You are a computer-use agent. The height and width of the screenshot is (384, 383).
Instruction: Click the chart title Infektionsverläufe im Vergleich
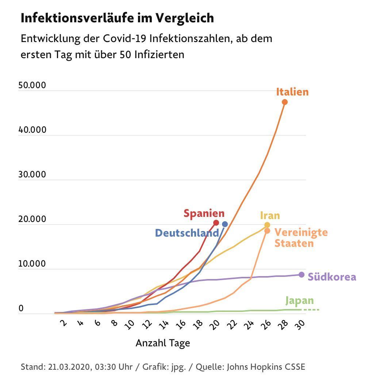coord(117,18)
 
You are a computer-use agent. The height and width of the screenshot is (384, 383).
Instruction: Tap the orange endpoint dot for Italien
coord(285,102)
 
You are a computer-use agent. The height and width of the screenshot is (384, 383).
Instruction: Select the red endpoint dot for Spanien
coord(216,223)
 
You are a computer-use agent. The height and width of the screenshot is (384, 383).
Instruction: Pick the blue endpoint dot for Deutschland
coord(225,224)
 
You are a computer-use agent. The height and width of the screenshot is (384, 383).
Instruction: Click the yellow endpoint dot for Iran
coord(267,225)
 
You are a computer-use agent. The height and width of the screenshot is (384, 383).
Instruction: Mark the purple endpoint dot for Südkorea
coord(301,275)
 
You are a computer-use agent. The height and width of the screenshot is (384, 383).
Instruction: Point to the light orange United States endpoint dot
coord(267,231)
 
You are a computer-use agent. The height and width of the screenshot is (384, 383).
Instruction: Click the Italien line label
coord(292,92)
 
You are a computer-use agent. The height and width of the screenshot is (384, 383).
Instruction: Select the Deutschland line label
coord(187,233)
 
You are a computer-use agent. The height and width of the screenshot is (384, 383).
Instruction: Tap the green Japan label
coord(299,301)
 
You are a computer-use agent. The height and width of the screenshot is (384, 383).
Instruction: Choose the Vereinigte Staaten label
coord(301,238)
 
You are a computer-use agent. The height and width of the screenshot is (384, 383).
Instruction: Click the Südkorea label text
coord(332,277)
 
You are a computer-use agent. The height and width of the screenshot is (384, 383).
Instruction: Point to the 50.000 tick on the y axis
coord(32,86)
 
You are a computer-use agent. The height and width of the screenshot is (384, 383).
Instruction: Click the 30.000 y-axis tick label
coord(32,175)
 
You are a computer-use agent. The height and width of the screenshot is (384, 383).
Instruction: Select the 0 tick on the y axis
coord(21,309)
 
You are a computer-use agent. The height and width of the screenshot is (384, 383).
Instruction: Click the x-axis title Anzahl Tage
coord(162,343)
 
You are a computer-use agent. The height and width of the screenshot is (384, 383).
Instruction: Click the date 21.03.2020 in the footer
coord(69,367)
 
